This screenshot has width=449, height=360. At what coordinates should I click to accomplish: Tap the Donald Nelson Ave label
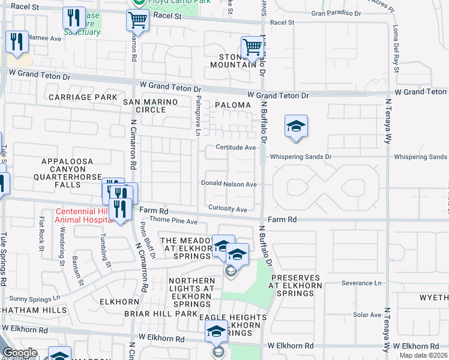click(229, 184)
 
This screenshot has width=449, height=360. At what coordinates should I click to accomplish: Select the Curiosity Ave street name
click(228, 209)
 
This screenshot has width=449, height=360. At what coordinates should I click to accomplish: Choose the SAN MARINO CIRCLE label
click(151, 106)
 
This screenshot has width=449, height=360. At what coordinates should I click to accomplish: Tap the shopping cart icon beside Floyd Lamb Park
click(137, 20)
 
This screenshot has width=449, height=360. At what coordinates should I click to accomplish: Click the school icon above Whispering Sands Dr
click(295, 127)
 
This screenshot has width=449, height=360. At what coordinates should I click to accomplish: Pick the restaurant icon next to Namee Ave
click(16, 41)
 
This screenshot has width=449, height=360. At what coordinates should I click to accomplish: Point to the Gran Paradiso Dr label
click(336, 12)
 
